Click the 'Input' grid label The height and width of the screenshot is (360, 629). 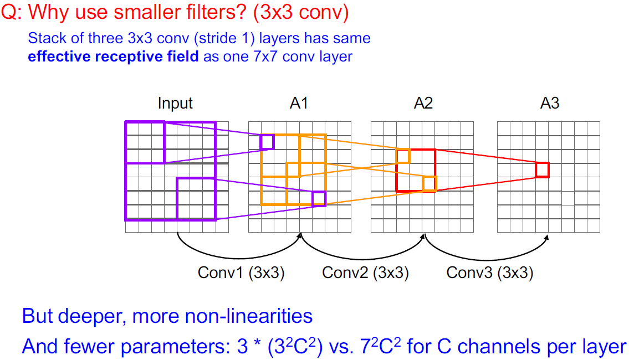[175, 104]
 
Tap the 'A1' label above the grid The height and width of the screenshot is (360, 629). [299, 104]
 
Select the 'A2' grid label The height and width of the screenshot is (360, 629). [423, 104]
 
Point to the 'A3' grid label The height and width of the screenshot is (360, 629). [550, 104]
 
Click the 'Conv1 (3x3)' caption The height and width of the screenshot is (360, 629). [241, 272]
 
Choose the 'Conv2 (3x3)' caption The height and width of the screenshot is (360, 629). [366, 272]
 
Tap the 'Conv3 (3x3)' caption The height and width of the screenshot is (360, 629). [490, 272]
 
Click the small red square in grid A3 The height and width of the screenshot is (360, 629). [542, 169]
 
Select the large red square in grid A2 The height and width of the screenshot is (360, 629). [416, 170]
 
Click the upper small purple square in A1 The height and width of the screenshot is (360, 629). [267, 142]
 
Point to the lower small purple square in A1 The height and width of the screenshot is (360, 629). [319, 198]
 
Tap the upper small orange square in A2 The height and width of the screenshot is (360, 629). [403, 156]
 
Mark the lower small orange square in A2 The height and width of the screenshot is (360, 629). [429, 183]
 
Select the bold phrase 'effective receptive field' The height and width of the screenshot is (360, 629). [113, 56]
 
